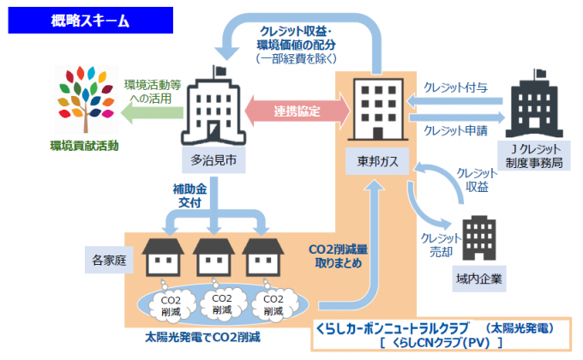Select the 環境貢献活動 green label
pos(83,147)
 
